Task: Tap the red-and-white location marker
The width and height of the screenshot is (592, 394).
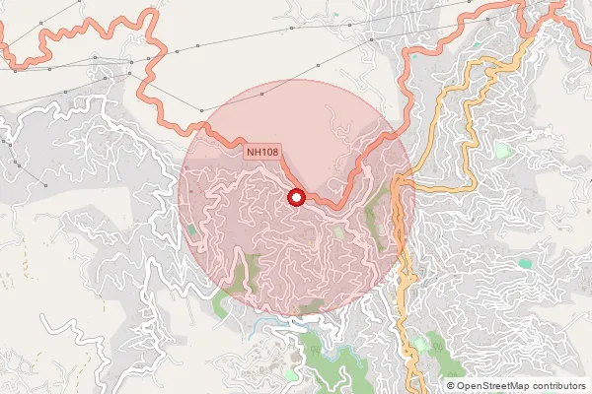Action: pyautogui.click(x=295, y=198)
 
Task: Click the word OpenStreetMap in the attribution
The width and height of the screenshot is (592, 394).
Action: pyautogui.click(x=492, y=386)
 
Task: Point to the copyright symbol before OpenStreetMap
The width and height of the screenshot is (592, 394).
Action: pyautogui.click(x=450, y=386)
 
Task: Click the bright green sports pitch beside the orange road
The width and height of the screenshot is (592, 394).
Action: pyautogui.click(x=503, y=151)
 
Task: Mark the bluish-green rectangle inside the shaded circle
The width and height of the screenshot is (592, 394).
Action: pyautogui.click(x=191, y=230)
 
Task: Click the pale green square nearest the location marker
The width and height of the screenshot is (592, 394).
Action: pyautogui.click(x=338, y=232)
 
